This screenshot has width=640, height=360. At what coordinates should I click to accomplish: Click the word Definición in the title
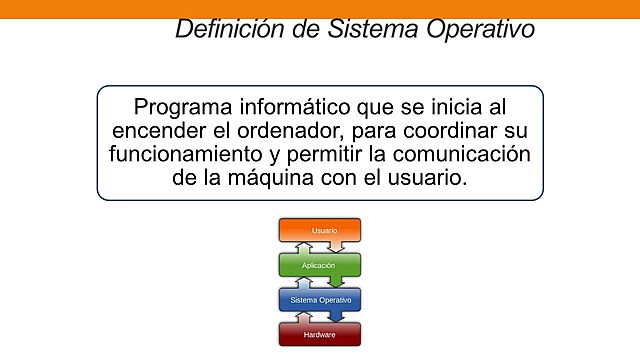[x=222, y=29]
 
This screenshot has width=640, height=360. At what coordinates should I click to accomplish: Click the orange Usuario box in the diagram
[x=319, y=230]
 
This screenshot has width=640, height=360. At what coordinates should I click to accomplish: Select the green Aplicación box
[x=319, y=265]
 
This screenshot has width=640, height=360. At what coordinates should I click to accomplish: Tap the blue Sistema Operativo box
[x=319, y=299]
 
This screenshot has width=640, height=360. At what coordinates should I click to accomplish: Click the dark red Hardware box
[x=319, y=333]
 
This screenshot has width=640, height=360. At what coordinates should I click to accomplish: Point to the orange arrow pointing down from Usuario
[x=339, y=246]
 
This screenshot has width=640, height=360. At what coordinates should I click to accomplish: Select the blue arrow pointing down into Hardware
[x=339, y=315]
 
